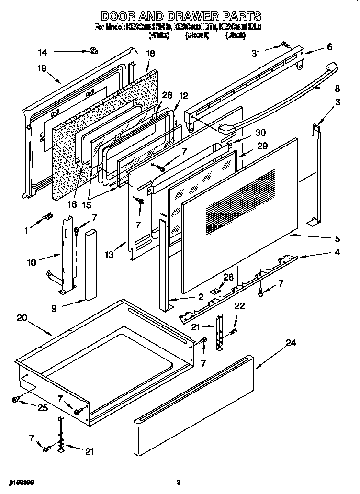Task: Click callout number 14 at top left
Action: (43, 53)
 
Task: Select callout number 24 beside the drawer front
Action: (291, 343)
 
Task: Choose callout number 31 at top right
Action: (256, 54)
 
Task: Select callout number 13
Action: (110, 255)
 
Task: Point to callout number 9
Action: (54, 309)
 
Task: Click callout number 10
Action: (32, 262)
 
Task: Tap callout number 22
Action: (239, 306)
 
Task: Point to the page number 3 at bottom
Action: (178, 482)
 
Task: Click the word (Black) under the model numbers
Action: (236, 35)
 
